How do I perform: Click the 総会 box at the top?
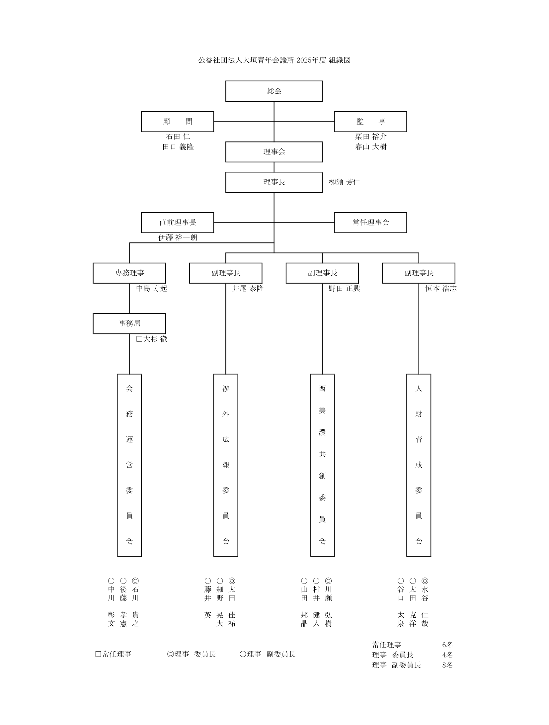(274, 91)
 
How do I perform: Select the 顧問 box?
(177, 122)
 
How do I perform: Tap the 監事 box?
(370, 122)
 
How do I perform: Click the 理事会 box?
(274, 152)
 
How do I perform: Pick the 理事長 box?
(274, 182)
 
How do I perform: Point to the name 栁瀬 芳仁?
(344, 182)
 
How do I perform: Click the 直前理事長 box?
(177, 223)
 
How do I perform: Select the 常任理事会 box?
(370, 223)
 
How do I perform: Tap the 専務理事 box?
(129, 273)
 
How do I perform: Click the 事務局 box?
(129, 323)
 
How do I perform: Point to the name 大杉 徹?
(152, 339)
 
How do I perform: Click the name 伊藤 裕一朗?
(178, 237)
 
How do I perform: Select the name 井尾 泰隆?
(248, 289)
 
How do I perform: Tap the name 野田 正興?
(344, 289)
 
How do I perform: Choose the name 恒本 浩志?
(441, 289)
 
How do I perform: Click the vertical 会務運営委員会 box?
(129, 465)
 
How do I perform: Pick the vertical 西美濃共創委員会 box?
(322, 465)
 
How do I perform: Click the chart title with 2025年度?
(274, 60)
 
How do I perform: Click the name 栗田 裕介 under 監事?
(371, 136)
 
